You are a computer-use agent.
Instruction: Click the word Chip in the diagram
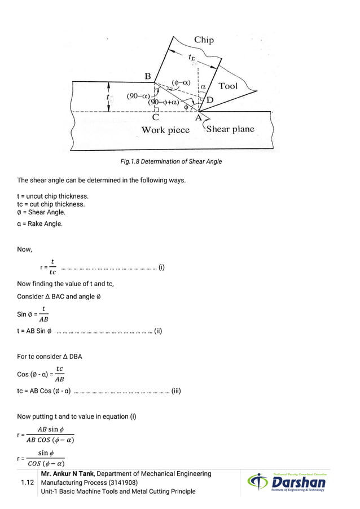coord(204,40)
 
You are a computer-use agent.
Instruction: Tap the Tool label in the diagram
coord(228,86)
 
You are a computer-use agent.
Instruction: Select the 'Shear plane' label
coord(230,129)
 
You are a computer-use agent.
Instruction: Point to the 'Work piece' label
coord(165,130)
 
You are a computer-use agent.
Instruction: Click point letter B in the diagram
coord(147,76)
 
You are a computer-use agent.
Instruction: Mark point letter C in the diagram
coord(155,118)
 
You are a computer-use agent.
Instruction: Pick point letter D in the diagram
coord(210,100)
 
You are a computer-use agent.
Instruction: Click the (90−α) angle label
coord(138,96)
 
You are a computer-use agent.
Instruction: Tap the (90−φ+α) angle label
coord(164,103)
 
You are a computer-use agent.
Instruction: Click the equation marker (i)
coord(161,267)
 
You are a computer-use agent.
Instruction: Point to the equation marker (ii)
coord(158,331)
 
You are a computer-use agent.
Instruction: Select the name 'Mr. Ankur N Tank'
coord(68,474)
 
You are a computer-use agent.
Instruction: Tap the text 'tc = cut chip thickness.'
coord(51,204)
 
